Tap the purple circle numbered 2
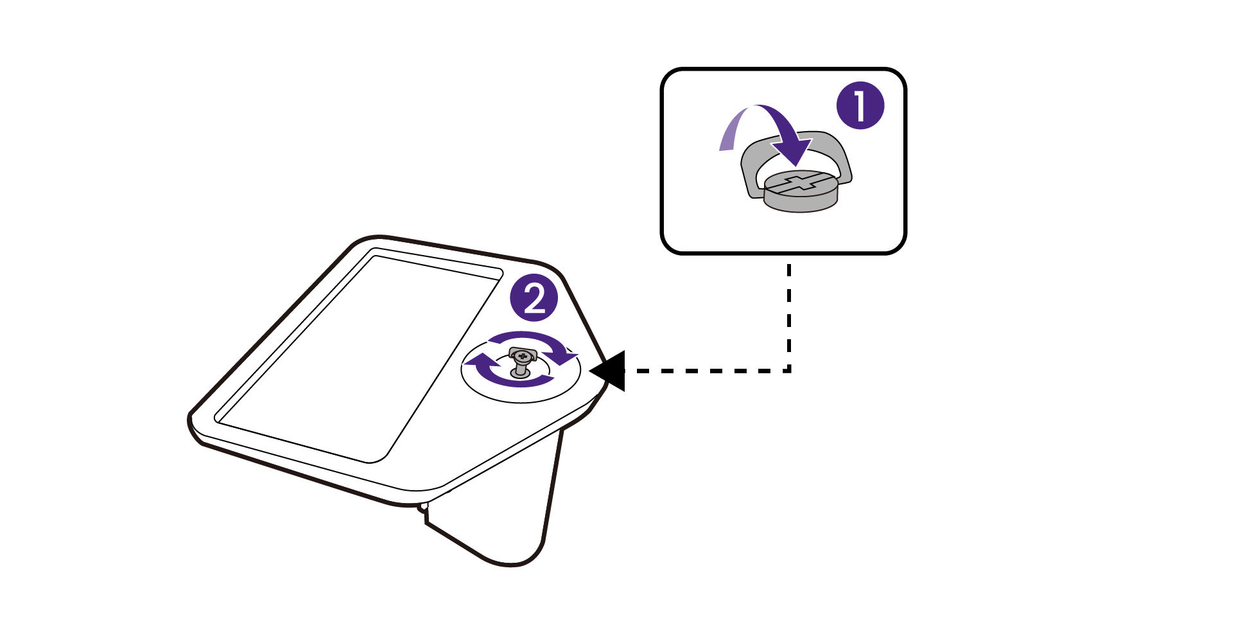click(534, 298)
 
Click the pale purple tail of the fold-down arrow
click(729, 135)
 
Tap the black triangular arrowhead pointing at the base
click(610, 371)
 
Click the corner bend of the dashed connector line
click(789, 370)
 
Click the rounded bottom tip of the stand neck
click(514, 564)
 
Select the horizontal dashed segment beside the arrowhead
click(700, 371)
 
